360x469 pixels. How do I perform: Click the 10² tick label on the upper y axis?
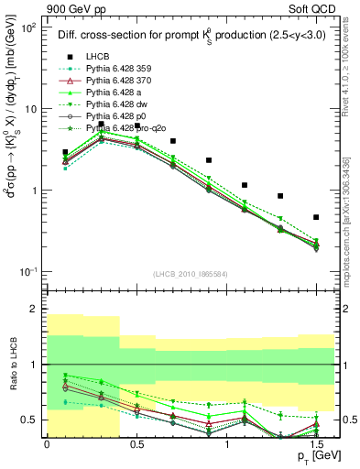(29, 27)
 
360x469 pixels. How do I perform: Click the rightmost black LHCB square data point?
(316, 217)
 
